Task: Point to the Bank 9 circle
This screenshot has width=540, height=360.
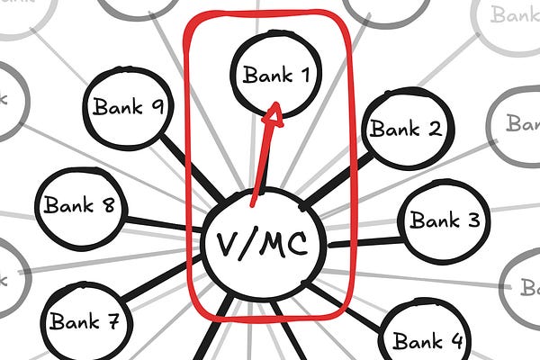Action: [x=125, y=107]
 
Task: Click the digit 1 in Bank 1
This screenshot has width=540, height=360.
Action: [x=304, y=75]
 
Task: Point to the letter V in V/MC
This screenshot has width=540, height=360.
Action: [x=225, y=244]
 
